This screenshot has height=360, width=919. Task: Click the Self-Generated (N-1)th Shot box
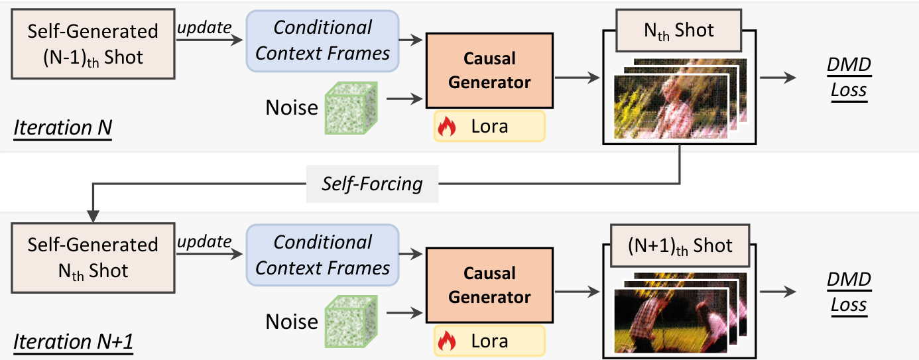click(93, 44)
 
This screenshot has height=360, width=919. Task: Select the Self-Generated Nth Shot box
click(93, 257)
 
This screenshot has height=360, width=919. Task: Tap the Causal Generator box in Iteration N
click(489, 71)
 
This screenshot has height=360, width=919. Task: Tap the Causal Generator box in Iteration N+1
click(489, 286)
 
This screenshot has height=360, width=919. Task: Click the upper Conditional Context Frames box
click(322, 40)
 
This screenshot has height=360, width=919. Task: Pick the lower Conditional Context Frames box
click(322, 255)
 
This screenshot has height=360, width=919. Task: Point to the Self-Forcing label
click(372, 183)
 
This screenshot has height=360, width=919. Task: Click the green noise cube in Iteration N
click(350, 107)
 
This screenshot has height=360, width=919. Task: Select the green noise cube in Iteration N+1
click(350, 322)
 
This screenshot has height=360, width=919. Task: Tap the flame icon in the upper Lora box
click(447, 127)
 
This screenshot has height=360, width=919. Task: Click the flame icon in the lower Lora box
click(447, 341)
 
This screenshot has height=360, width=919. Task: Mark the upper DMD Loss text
click(849, 78)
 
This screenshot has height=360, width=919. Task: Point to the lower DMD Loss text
click(849, 292)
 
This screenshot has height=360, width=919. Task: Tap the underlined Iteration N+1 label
click(74, 341)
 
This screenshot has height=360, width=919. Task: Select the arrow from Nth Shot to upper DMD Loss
click(776, 78)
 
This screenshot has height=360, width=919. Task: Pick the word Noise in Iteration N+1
click(291, 322)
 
